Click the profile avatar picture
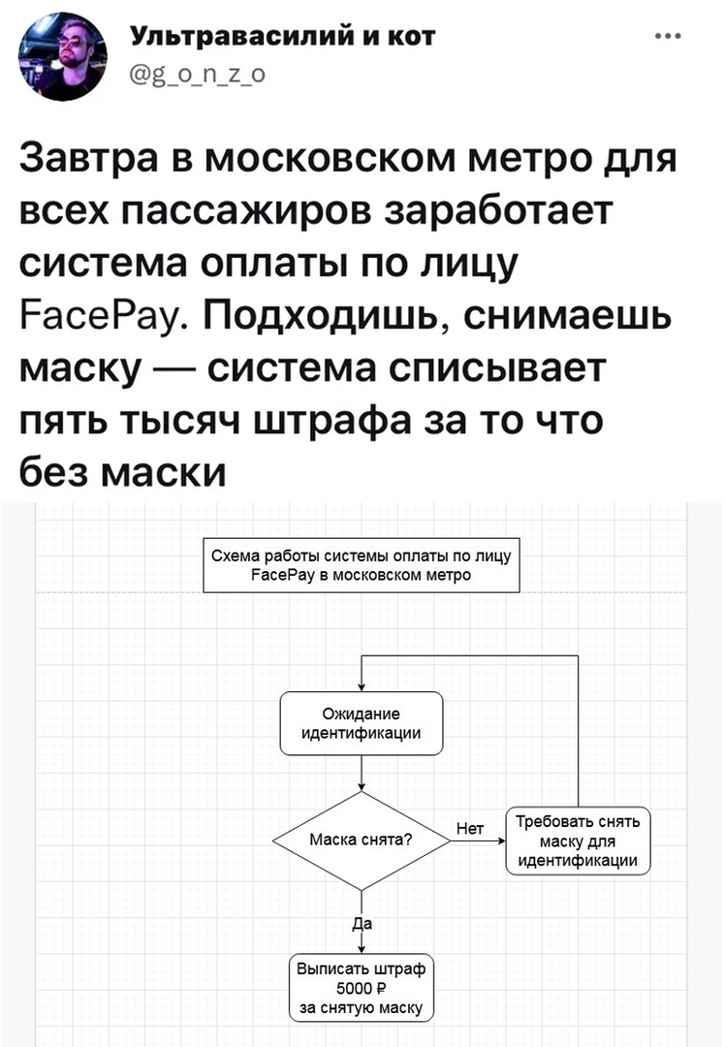coord(62,56)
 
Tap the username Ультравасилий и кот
coord(282,36)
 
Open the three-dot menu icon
coord(668,36)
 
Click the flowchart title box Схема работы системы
coord(361,565)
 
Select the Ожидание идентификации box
coord(361,724)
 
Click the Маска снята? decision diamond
coord(361,841)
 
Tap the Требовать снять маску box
coord(578,841)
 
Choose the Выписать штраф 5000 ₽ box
coord(361,988)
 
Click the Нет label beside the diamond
coord(470,829)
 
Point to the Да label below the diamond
coord(362,924)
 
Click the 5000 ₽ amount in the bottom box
coord(361,988)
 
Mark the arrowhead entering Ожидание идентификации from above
coord(361,687)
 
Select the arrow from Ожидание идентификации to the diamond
coord(361,774)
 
